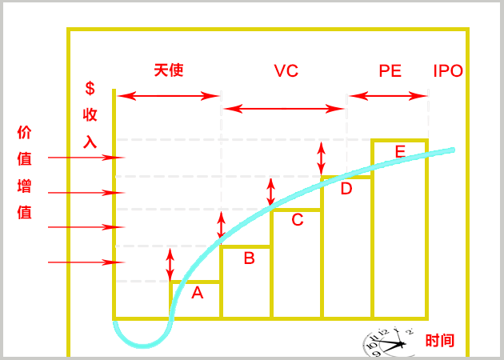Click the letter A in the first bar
198,294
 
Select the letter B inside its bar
249,258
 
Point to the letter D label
346,189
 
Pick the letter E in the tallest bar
400,151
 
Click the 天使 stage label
169,70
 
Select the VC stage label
286,71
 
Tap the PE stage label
390,71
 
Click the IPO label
448,71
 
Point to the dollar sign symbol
90,88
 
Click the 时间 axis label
440,341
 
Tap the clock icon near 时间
388,342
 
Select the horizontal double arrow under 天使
169,97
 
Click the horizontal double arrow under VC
283,108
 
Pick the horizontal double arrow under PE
389,97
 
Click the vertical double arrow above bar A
170,265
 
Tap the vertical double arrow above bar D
322,158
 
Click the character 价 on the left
24,133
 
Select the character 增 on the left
24,187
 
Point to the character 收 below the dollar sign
90,115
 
